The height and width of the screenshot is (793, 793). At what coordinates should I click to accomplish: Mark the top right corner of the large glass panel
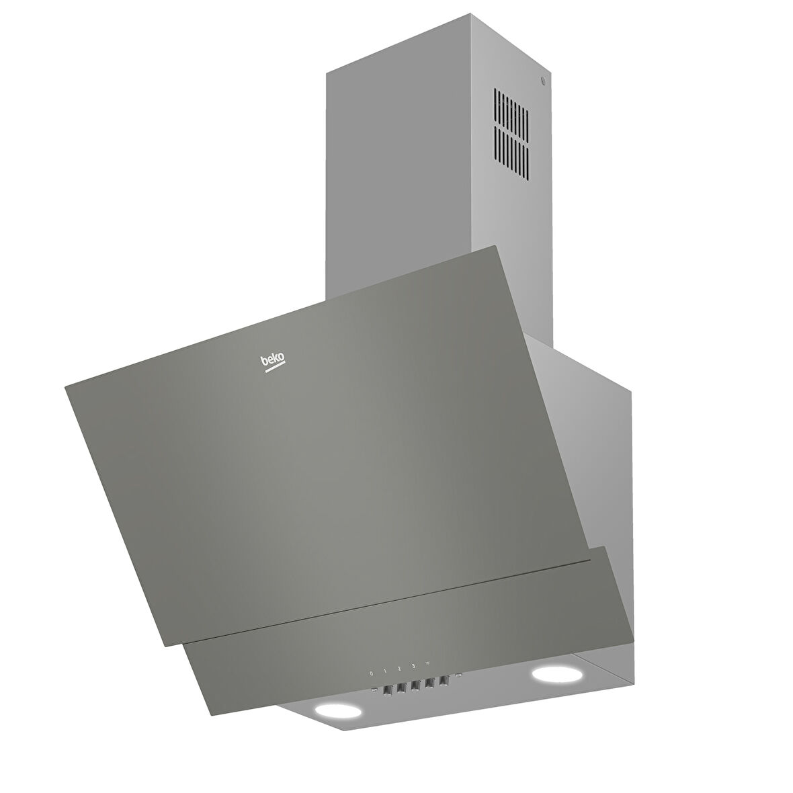tap(499, 247)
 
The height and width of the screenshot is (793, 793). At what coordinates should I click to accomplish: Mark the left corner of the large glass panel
tap(65, 385)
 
